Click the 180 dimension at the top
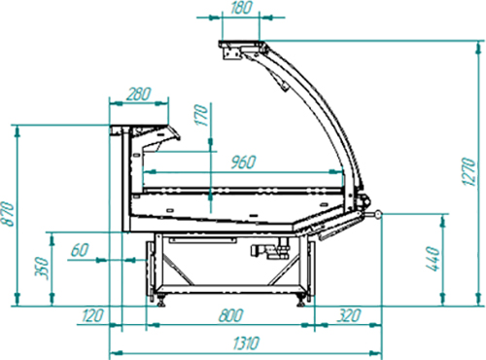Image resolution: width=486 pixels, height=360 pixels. (x=241, y=8)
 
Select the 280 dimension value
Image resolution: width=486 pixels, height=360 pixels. (x=139, y=94)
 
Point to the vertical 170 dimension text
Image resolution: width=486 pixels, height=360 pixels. (x=201, y=115)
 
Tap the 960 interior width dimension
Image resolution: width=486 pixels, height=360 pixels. (x=244, y=162)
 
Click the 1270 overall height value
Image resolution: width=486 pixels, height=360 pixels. (x=469, y=172)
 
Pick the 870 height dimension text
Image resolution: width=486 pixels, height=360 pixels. (x=7, y=214)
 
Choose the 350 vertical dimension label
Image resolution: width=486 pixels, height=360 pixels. (x=42, y=269)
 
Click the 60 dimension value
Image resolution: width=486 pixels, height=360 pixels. (x=80, y=250)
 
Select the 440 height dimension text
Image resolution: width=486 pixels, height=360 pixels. (x=434, y=259)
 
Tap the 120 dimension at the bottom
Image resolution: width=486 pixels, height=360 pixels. (x=93, y=315)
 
